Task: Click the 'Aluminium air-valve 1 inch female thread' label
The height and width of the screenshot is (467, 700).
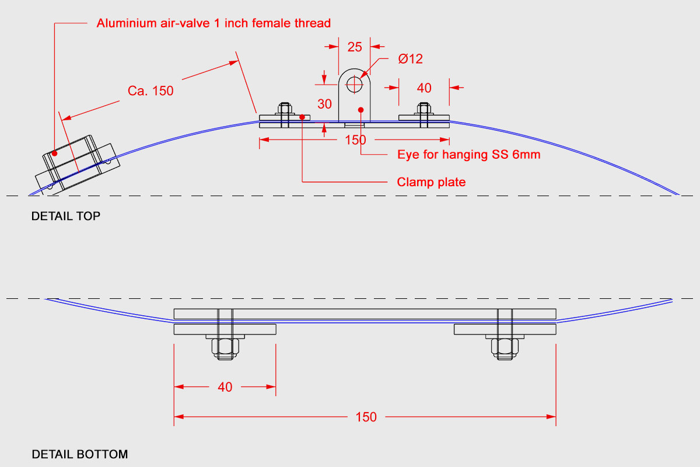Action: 213,23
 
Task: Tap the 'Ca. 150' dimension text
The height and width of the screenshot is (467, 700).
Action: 150,90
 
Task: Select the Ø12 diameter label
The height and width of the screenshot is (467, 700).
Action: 410,59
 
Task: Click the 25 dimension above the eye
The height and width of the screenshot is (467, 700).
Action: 355,47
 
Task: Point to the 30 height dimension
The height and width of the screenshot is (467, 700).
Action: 324,104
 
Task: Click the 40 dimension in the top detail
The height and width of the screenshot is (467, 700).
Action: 424,88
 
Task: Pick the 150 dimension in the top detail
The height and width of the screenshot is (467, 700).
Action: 355,140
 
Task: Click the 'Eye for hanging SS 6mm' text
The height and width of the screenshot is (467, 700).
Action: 469,155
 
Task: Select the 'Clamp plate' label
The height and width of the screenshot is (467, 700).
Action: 431,182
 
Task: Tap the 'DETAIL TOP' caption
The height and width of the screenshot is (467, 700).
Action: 66,216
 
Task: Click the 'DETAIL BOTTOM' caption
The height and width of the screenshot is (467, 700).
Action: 80,454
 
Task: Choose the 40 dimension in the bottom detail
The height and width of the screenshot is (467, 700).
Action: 225,387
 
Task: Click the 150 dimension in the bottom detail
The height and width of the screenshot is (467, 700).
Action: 366,417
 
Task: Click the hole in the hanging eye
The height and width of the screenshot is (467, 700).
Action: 355,85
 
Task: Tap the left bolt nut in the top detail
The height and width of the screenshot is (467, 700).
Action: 285,108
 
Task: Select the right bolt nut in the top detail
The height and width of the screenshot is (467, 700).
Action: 423,108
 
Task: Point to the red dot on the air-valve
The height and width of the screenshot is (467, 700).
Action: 55,154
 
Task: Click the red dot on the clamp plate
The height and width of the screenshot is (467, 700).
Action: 302,117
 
